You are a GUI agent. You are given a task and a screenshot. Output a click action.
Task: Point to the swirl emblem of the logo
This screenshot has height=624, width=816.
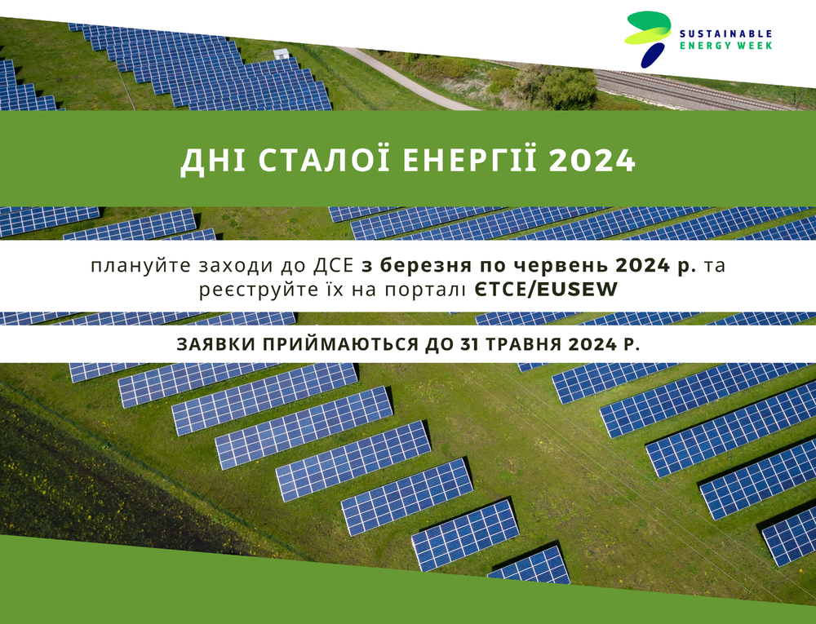click(648, 38)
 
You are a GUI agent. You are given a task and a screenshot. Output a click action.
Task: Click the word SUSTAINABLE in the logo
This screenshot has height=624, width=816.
click(725, 34)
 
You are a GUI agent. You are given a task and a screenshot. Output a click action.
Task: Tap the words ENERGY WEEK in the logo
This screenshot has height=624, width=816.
click(725, 46)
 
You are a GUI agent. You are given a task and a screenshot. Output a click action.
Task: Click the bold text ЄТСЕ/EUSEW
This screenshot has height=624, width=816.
click(546, 290)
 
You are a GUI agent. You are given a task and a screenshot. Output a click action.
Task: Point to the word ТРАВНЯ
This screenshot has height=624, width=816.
click(524, 345)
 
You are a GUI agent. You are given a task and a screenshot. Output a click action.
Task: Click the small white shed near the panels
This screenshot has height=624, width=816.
click(281, 54)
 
